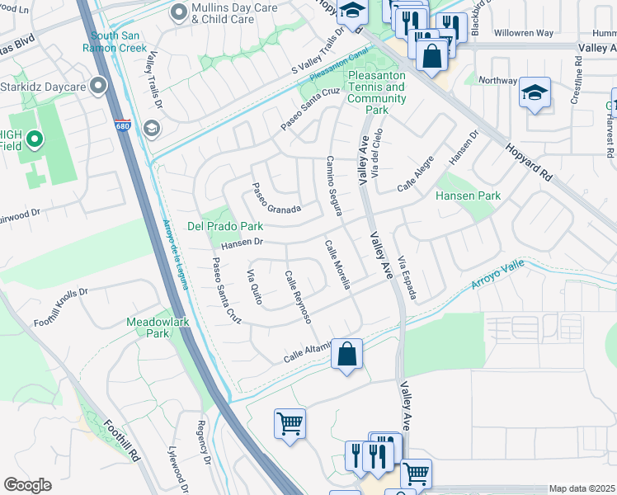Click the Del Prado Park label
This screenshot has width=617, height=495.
(225, 225)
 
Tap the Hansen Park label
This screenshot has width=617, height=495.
(468, 196)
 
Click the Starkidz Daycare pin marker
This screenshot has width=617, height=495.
(100, 85)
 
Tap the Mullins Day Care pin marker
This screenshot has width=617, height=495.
(179, 12)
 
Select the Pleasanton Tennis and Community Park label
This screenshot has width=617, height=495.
(377, 92)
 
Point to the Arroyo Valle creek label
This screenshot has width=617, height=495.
(497, 278)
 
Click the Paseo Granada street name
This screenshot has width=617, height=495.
(276, 199)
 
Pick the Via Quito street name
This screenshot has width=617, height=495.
(254, 287)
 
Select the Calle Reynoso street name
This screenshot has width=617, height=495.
(297, 296)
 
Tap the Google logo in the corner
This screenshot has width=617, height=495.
(27, 484)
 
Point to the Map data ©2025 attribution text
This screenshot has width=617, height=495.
(582, 488)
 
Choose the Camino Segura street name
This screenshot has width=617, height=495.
(334, 186)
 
